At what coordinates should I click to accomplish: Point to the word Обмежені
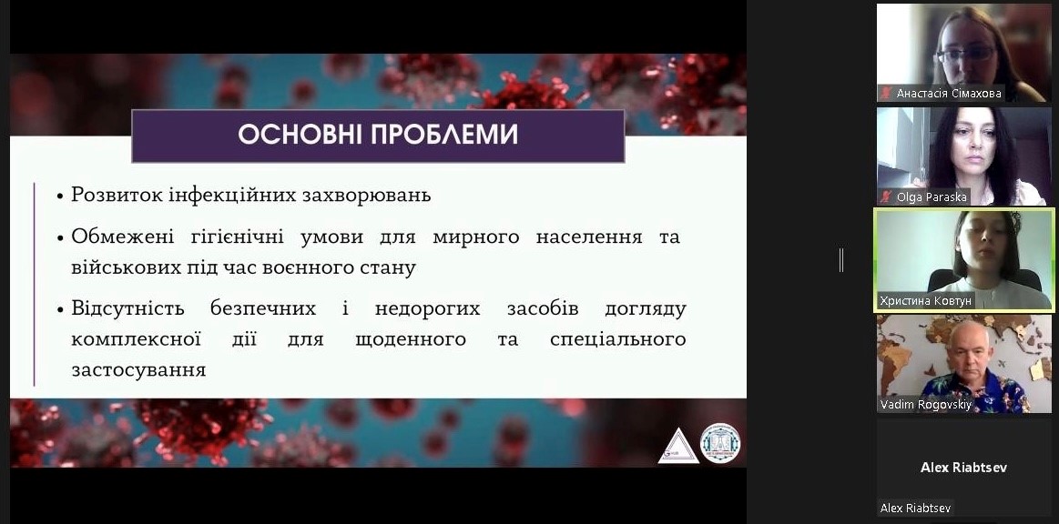click(x=122, y=237)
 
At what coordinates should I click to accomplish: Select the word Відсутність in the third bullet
click(x=127, y=309)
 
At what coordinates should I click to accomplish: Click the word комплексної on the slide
click(x=136, y=338)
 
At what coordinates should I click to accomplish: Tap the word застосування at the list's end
click(x=138, y=370)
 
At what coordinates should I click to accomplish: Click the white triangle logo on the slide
click(x=678, y=447)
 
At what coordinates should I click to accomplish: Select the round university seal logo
click(x=720, y=443)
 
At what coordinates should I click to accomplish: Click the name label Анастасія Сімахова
click(x=949, y=94)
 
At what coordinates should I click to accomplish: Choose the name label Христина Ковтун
click(x=926, y=301)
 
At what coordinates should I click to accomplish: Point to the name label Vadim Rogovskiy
click(x=925, y=405)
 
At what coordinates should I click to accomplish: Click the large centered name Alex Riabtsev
click(x=963, y=467)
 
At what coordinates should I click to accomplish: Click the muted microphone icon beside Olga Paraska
click(x=886, y=196)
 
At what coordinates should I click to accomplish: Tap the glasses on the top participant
click(x=966, y=54)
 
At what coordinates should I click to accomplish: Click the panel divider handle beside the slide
click(x=840, y=259)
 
